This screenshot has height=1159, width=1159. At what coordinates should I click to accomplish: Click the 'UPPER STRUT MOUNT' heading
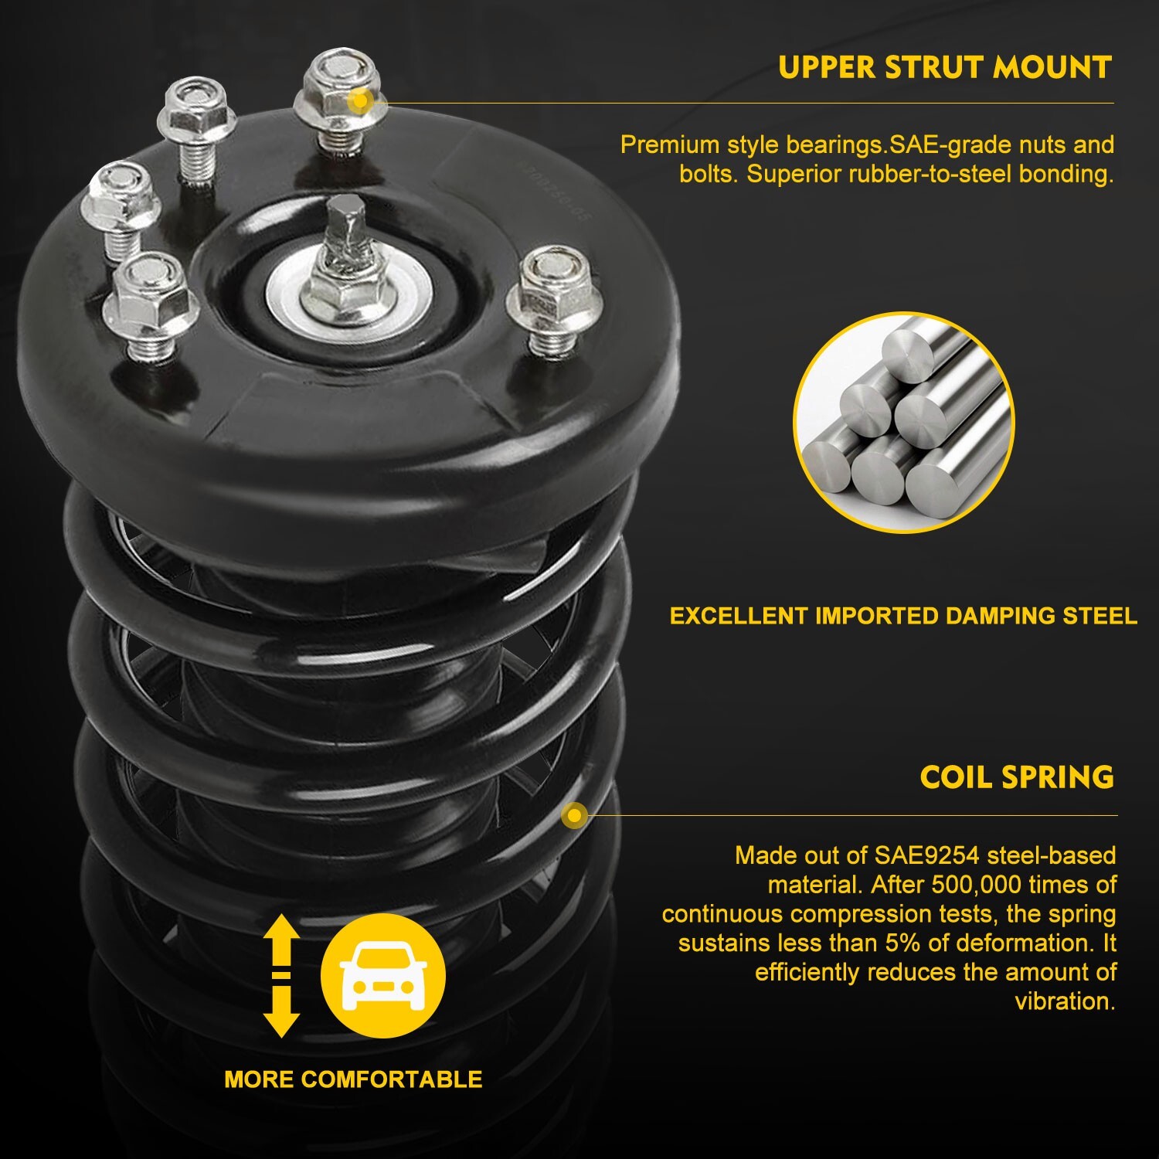click(944, 67)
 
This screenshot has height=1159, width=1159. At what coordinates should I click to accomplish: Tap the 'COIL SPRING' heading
click(1016, 777)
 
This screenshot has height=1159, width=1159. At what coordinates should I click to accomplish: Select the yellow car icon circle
click(383, 975)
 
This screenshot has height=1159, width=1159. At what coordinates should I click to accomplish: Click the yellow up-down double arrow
click(281, 975)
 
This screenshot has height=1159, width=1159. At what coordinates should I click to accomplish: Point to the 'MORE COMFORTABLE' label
click(353, 1079)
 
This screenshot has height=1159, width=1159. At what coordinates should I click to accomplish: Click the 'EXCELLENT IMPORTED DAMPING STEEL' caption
click(902, 616)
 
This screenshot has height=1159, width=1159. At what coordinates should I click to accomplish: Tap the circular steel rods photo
click(903, 423)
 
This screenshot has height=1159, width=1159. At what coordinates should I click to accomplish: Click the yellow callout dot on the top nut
click(360, 100)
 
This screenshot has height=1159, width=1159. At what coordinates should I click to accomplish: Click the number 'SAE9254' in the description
click(926, 855)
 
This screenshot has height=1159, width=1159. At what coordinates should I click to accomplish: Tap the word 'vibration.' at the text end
click(1064, 1001)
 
